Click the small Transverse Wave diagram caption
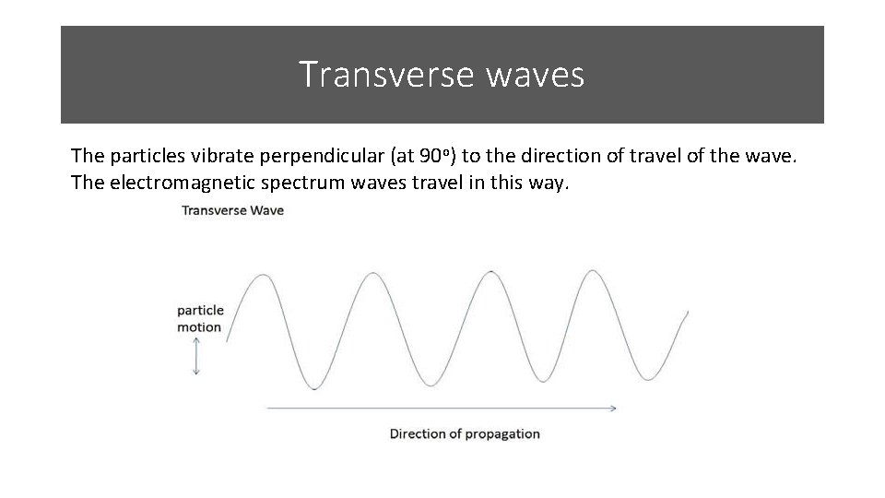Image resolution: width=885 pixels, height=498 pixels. tap(232, 210)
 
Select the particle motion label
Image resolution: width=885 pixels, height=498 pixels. tap(200, 318)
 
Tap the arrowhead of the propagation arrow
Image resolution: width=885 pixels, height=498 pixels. tap(612, 407)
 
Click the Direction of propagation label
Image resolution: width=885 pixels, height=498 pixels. tap(465, 433)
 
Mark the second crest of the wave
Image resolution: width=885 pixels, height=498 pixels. tap(372, 273)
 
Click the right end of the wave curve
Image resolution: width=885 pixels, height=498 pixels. tap(687, 313)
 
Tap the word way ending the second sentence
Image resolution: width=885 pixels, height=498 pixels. tap(549, 183)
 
